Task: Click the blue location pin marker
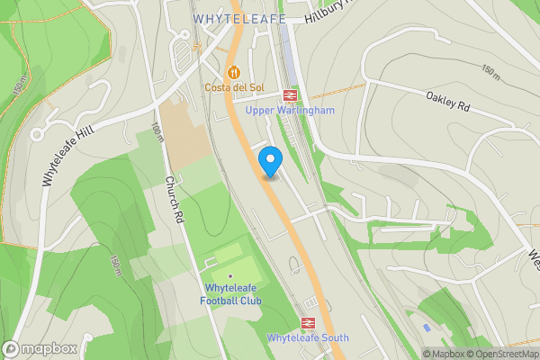(x=270, y=161)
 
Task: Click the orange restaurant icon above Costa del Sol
(x=234, y=72)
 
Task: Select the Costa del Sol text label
(x=234, y=87)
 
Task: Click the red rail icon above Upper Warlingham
(x=291, y=94)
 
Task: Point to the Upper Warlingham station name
(x=291, y=110)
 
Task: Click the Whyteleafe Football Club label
(x=231, y=293)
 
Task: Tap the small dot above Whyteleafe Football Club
(x=230, y=275)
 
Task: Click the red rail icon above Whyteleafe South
(x=307, y=322)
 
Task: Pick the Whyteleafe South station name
(x=308, y=338)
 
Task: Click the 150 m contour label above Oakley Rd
(x=490, y=70)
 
